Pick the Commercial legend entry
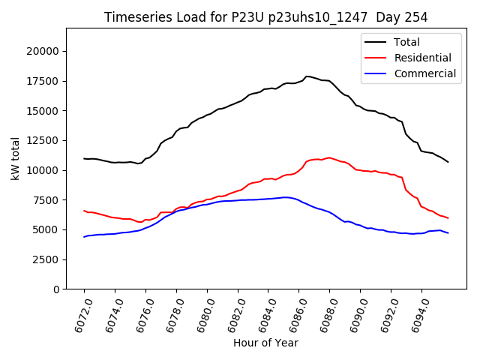point(424,73)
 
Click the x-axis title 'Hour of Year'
point(266,343)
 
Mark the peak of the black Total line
point(307,76)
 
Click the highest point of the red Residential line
point(329,157)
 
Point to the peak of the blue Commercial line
point(285,197)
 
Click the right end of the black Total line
point(448,162)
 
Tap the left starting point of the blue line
point(84,237)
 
